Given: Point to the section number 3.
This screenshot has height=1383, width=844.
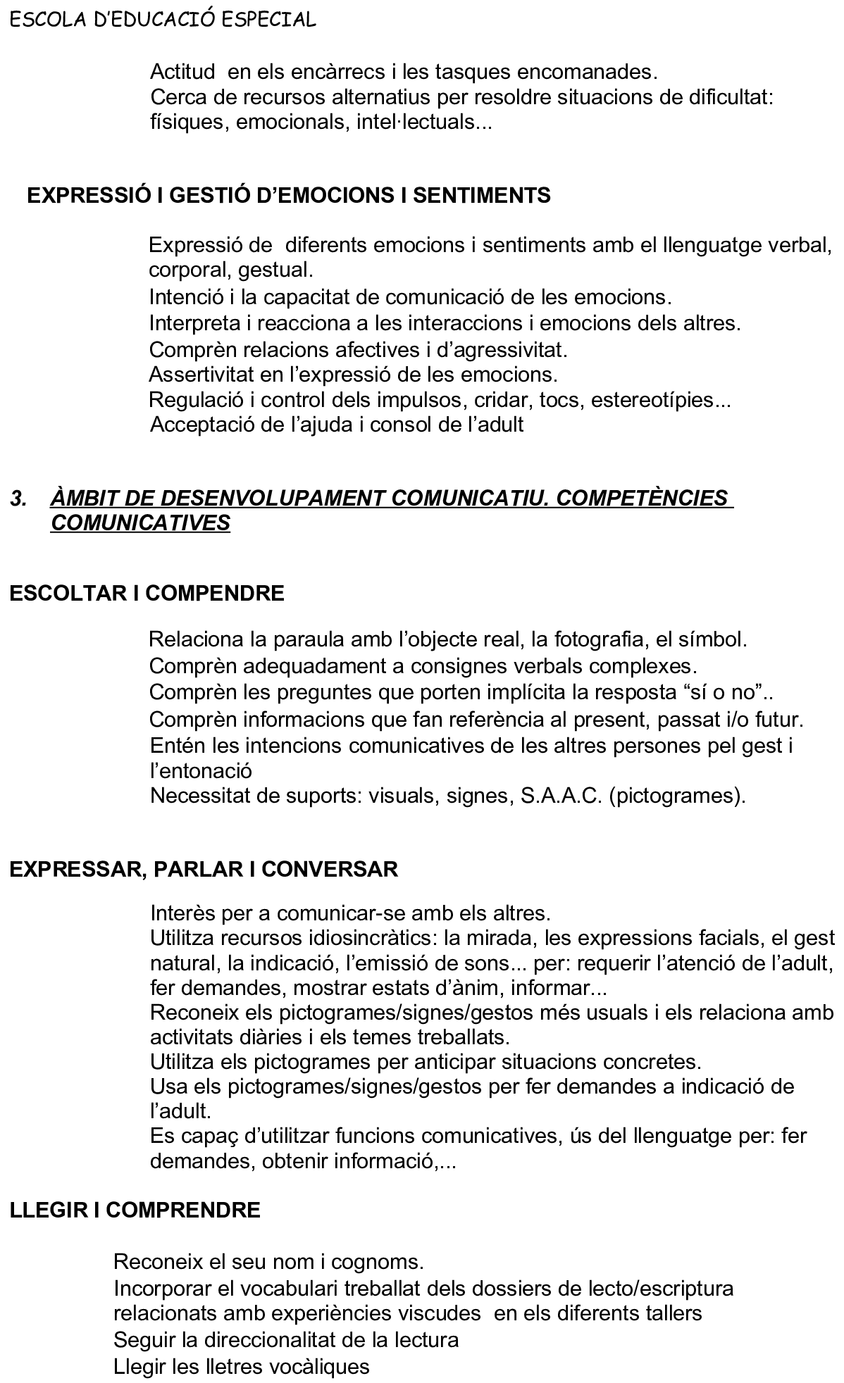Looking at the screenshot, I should [18, 499].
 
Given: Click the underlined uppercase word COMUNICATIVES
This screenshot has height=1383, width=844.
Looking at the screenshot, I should [140, 523].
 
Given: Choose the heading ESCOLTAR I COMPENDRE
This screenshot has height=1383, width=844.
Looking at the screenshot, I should [147, 593].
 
